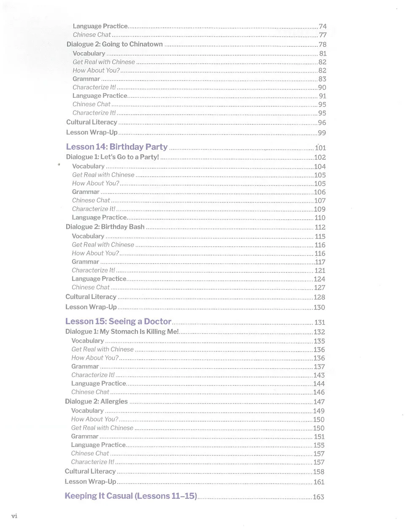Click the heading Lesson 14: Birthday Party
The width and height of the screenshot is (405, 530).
coord(116,147)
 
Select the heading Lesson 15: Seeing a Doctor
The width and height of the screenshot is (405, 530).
coord(118,321)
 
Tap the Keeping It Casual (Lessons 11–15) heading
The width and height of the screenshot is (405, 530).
coord(131,496)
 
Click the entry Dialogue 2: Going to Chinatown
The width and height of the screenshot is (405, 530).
coord(114,44)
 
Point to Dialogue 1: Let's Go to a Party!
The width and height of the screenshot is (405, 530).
coord(112,157)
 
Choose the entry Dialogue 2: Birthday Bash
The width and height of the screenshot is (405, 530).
coord(105,227)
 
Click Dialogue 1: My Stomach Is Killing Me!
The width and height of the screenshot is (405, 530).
coord(122,332)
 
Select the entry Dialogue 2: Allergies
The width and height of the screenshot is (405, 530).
coord(96,401)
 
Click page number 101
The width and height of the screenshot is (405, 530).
coord(320,148)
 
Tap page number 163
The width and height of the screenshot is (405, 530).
coord(319,497)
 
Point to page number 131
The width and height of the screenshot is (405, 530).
coord(320,323)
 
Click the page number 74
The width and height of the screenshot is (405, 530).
coord(323,26)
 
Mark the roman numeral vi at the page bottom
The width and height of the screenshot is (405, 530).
coord(14,516)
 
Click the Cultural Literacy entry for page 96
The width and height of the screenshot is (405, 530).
coord(92,122)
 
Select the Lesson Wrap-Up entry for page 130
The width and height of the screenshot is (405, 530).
coord(91,307)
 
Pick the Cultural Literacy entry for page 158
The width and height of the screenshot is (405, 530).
coord(90,471)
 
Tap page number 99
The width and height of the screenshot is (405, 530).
coord(322,133)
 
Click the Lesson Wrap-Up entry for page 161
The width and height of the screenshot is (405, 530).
coord(90,482)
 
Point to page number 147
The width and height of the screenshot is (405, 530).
coord(319,402)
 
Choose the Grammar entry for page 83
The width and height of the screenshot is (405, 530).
coord(86,79)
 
